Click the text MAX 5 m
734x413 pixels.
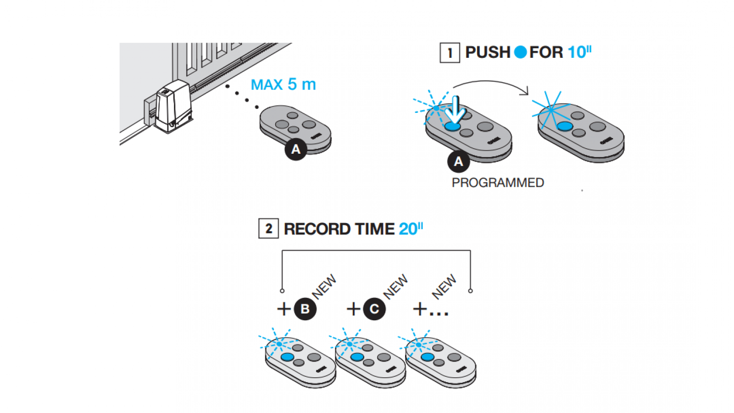pyautogui.click(x=283, y=84)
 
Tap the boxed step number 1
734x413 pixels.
pyautogui.click(x=450, y=53)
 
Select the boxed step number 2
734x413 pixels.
pyautogui.click(x=268, y=229)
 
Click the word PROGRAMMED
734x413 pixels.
pyautogui.click(x=498, y=183)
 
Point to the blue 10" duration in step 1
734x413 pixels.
pyautogui.click(x=579, y=52)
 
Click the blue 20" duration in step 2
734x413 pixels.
pyautogui.click(x=411, y=229)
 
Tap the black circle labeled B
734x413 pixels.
pyautogui.click(x=305, y=309)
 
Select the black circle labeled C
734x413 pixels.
pyautogui.click(x=374, y=309)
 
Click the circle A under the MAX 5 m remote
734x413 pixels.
pyautogui.click(x=296, y=149)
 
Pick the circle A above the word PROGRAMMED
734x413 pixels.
pyautogui.click(x=458, y=162)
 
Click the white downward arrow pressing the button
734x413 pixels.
pyautogui.click(x=456, y=110)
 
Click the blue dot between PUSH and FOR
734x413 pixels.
pyautogui.click(x=520, y=52)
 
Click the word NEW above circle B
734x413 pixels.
pyautogui.click(x=324, y=286)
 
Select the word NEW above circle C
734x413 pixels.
pyautogui.click(x=395, y=286)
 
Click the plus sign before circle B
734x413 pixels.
pyautogui.click(x=284, y=309)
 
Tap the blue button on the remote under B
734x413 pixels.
pyautogui.click(x=287, y=357)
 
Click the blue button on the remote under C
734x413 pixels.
pyautogui.click(x=357, y=357)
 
